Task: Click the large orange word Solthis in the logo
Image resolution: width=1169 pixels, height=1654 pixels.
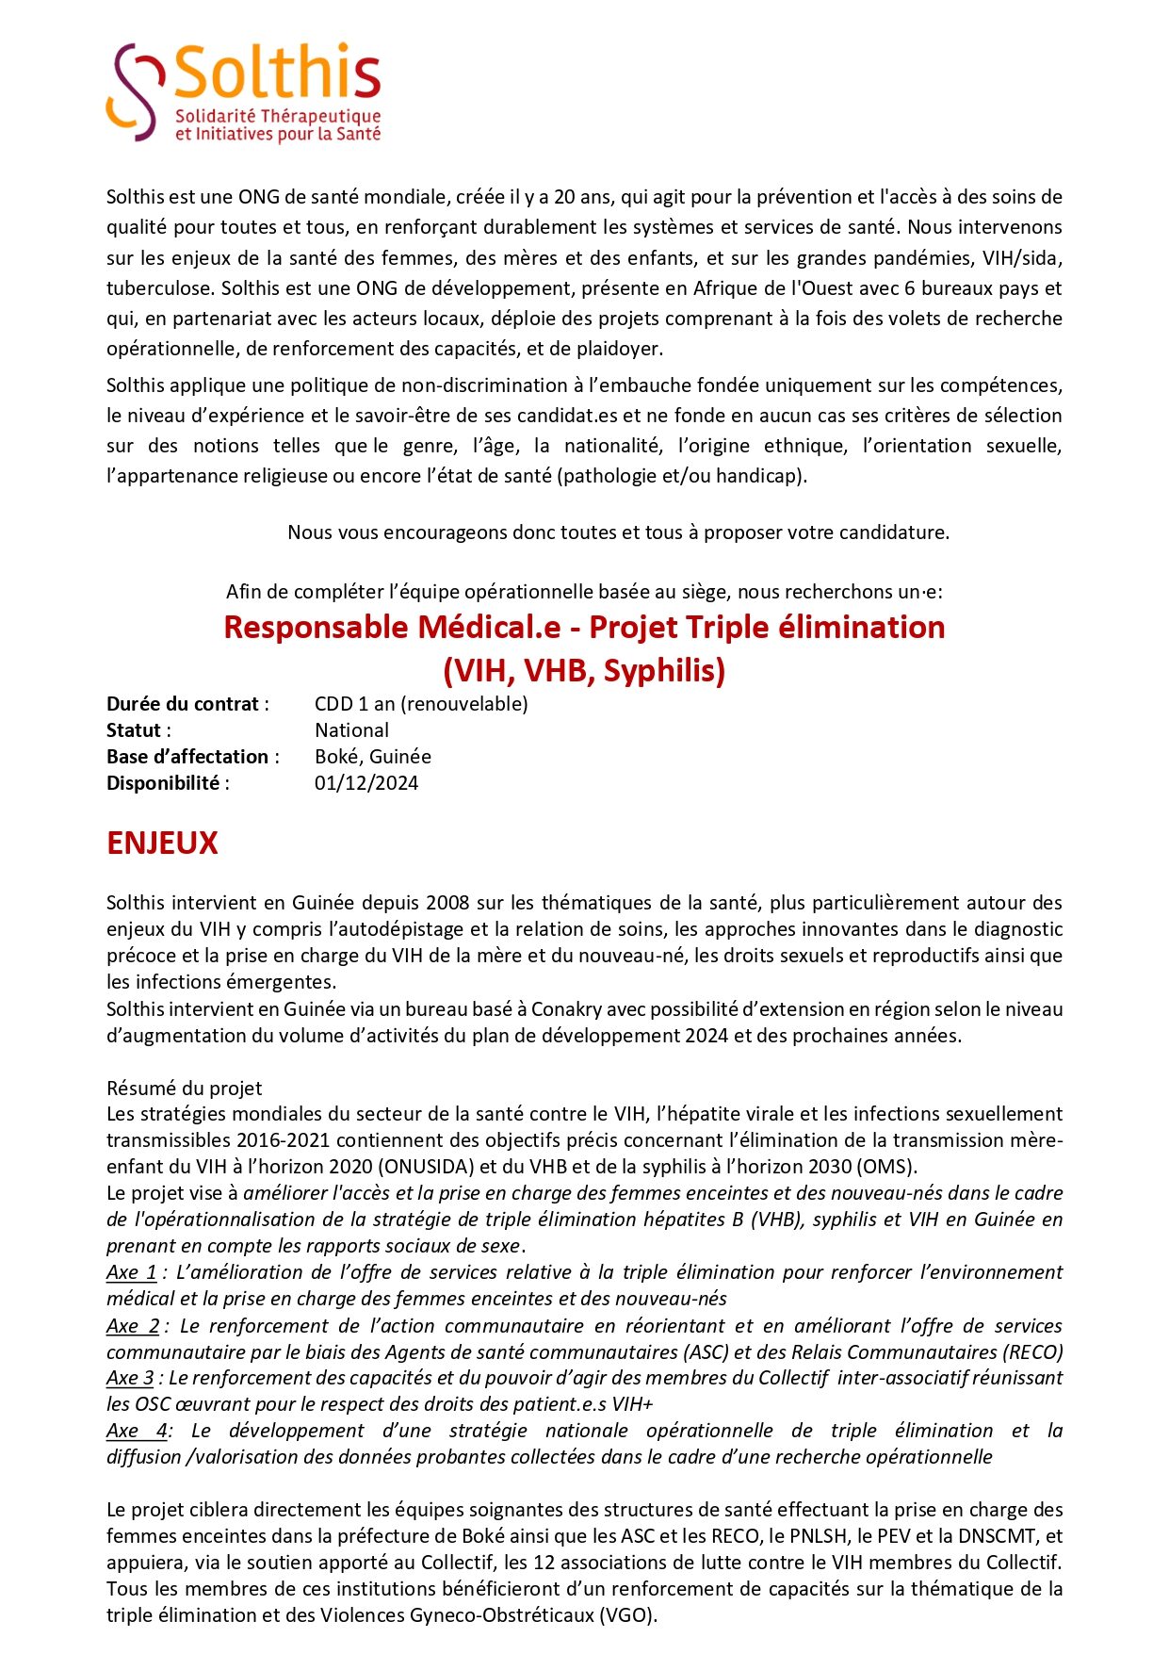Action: pos(278,73)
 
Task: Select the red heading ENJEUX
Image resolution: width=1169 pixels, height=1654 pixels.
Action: pos(162,843)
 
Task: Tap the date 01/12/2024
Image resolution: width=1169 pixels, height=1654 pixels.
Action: pos(366,783)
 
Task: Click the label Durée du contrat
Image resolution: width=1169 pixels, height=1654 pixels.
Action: pos(183,704)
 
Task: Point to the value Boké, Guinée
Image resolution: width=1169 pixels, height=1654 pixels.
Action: pos(373,757)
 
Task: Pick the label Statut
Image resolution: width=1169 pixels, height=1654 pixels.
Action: pos(134,730)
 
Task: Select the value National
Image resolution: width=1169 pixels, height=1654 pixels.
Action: pos(351,730)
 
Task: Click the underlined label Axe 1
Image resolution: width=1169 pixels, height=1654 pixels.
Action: pos(131,1272)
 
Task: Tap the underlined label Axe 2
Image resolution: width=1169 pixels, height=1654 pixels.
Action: pos(132,1326)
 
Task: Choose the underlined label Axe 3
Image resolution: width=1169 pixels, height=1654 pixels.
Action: pos(130,1378)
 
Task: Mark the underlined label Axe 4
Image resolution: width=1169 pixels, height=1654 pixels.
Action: pos(137,1431)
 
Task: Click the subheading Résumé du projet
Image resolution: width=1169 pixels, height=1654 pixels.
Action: pos(184,1089)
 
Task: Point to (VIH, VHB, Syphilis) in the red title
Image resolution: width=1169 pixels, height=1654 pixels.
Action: pos(584,671)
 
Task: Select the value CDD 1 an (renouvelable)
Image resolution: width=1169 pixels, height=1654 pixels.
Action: pos(421,704)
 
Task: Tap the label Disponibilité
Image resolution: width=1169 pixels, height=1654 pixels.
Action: pos(163,783)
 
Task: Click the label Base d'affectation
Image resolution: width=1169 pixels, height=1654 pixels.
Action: pos(187,757)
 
